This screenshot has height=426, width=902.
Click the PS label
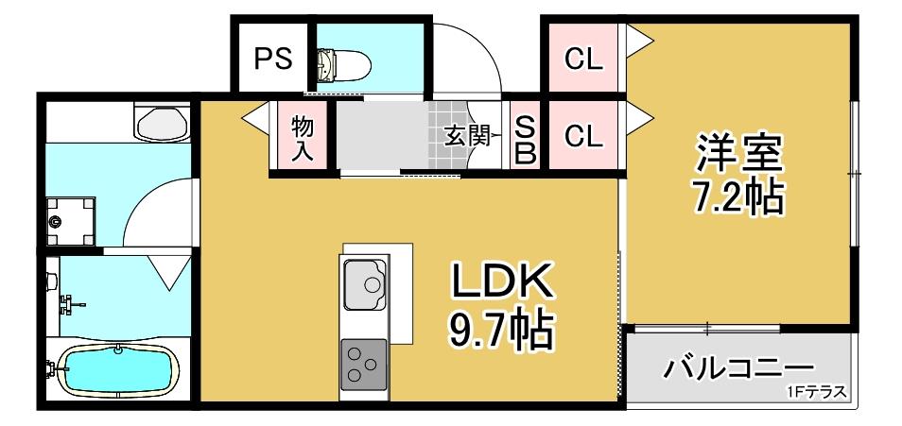point(271,59)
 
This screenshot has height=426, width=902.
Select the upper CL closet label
point(582,59)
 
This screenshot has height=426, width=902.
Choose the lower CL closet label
point(582,137)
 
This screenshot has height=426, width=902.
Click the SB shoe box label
point(525,138)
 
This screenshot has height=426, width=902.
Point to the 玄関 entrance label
point(466,136)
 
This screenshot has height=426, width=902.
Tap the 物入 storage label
point(303,138)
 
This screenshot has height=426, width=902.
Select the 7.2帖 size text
point(738,196)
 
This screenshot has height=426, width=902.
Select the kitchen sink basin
point(365,282)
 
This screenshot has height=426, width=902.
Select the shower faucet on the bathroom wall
point(69,304)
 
